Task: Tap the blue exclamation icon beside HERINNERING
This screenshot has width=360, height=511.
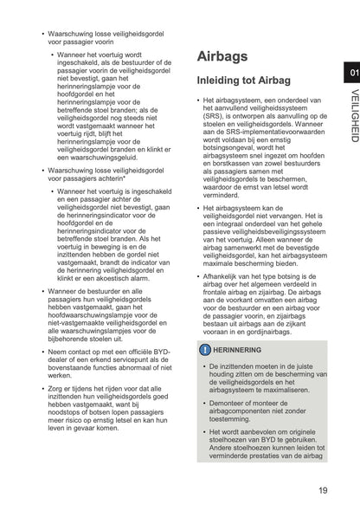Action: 204,350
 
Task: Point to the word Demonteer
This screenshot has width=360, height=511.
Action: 228,401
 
